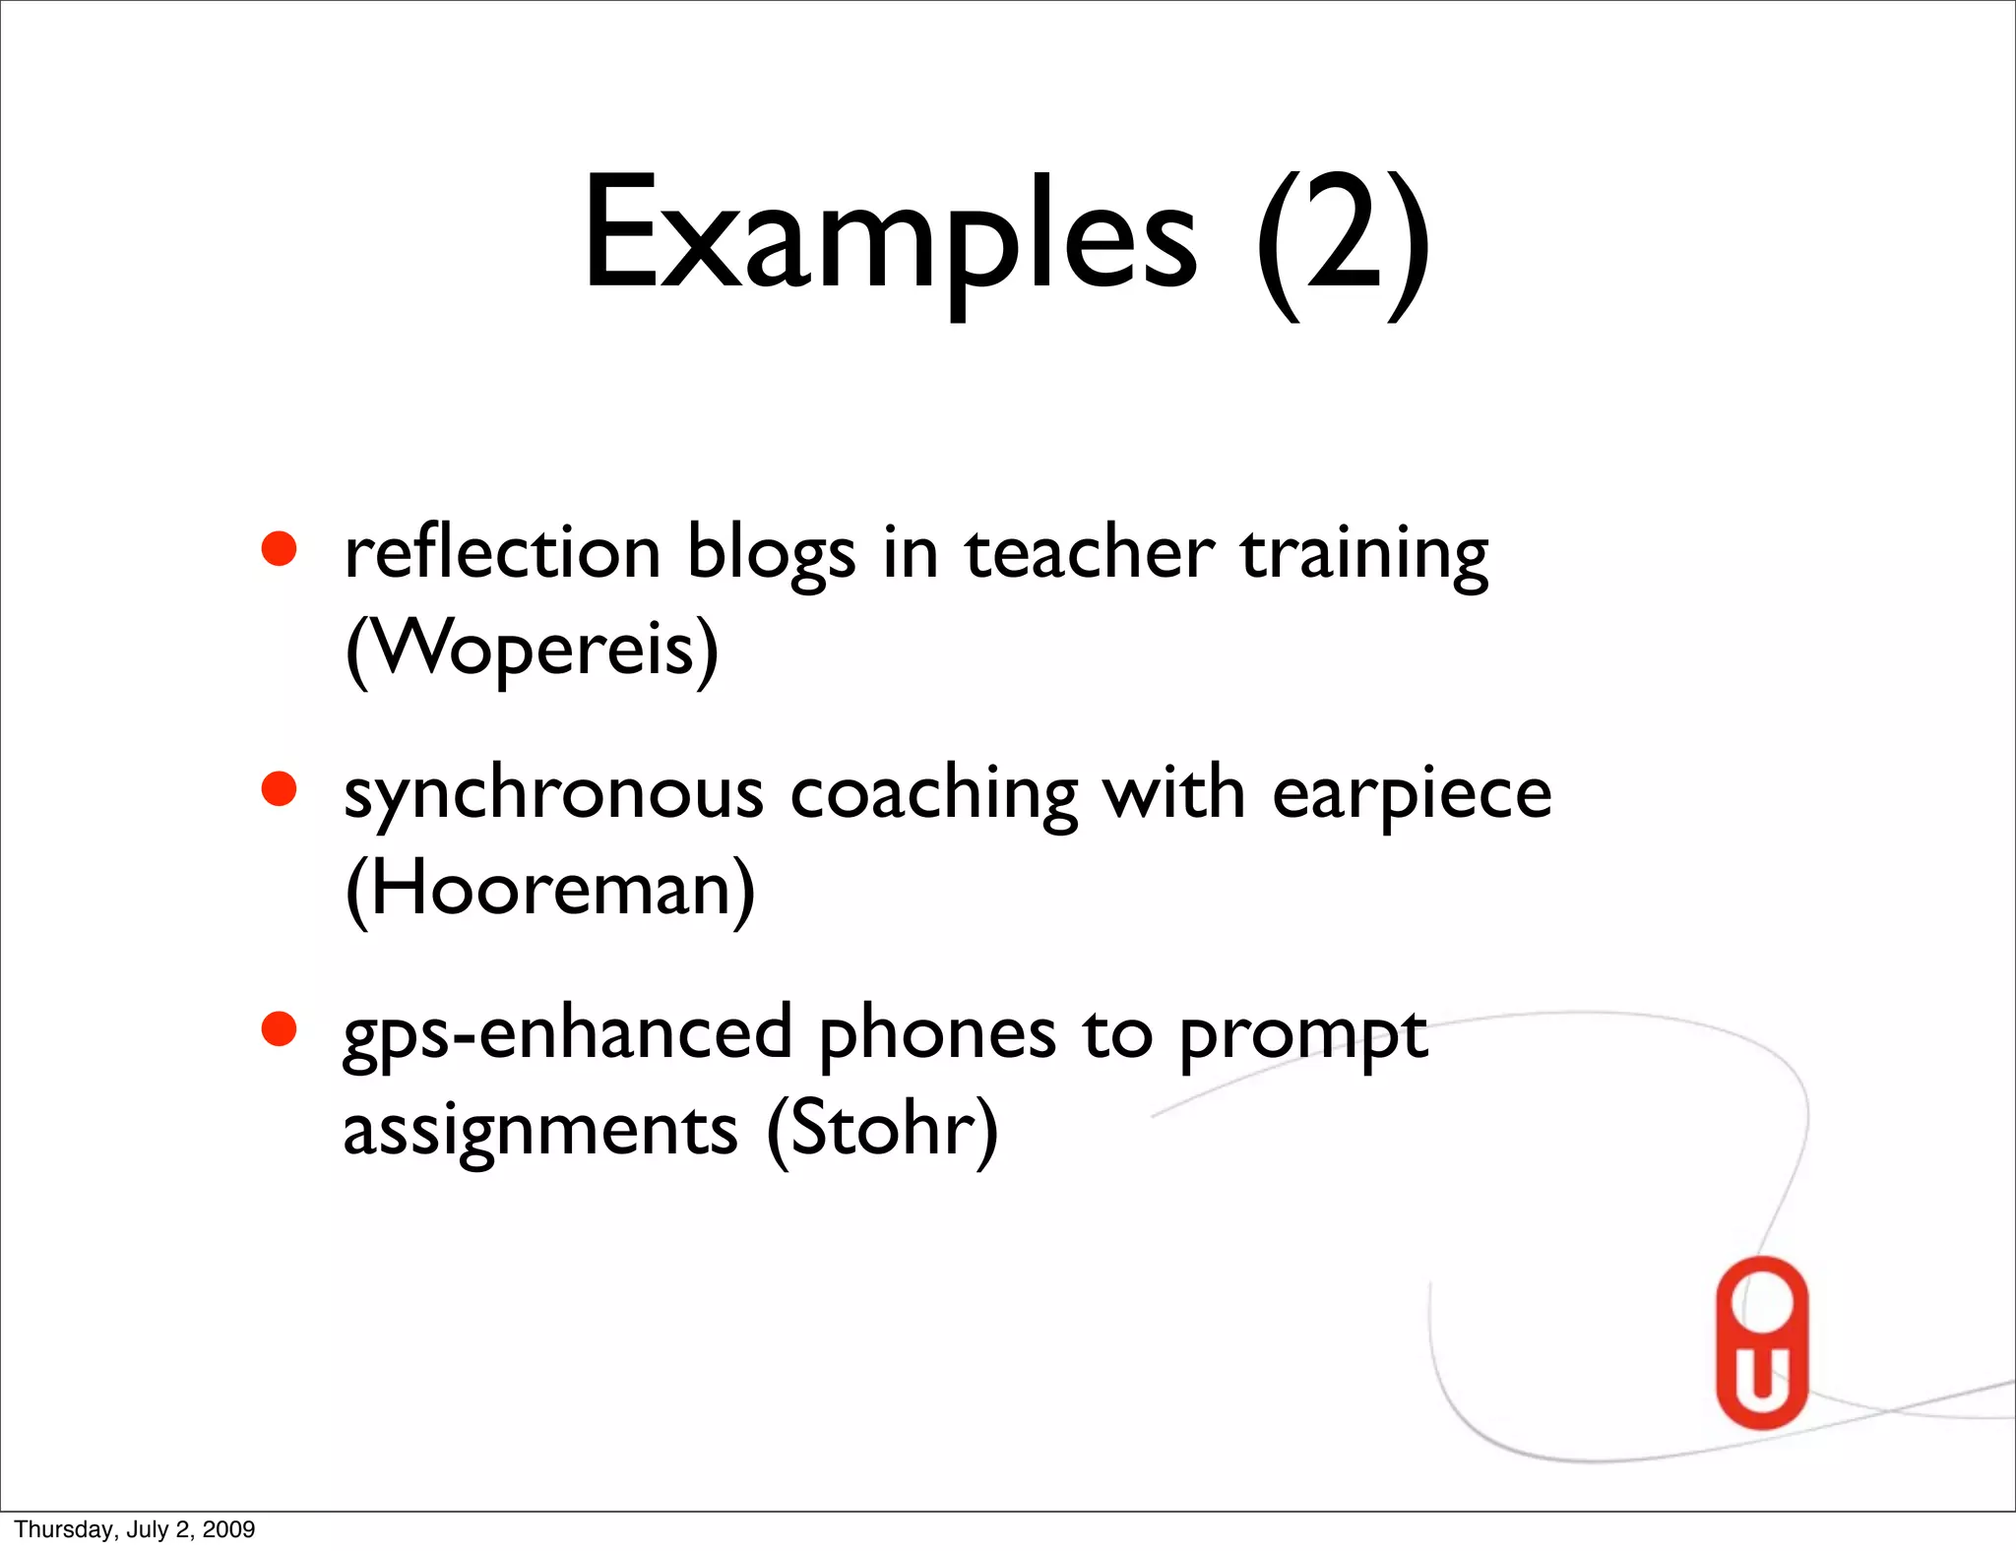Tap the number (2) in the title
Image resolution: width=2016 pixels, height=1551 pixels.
pyautogui.click(x=1343, y=241)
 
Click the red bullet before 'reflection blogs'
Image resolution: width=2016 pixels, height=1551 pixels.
pyautogui.click(x=280, y=549)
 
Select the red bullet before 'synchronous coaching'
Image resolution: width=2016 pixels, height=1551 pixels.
pyautogui.click(x=280, y=789)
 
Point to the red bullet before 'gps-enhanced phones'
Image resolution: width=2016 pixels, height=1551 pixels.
pyautogui.click(x=280, y=1029)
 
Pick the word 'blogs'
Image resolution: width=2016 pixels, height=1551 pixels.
pyautogui.click(x=771, y=554)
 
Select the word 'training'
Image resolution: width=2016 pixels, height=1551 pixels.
pyautogui.click(x=1364, y=554)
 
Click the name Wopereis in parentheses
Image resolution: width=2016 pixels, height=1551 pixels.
pyautogui.click(x=533, y=650)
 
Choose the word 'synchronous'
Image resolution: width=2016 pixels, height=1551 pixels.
pyautogui.click(x=553, y=794)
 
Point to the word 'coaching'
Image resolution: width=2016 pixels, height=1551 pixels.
pyautogui.click(x=934, y=794)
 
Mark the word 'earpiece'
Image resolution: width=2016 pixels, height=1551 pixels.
pyautogui.click(x=1412, y=794)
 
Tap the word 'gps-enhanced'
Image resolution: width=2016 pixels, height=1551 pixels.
pyautogui.click(x=568, y=1034)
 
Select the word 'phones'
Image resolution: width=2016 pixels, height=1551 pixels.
pyautogui.click(x=937, y=1034)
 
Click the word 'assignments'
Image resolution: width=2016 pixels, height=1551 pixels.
pyautogui.click(x=540, y=1130)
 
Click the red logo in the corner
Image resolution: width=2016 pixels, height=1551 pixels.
pyautogui.click(x=1761, y=1342)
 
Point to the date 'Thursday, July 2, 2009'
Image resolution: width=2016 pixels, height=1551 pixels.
pyautogui.click(x=135, y=1529)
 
